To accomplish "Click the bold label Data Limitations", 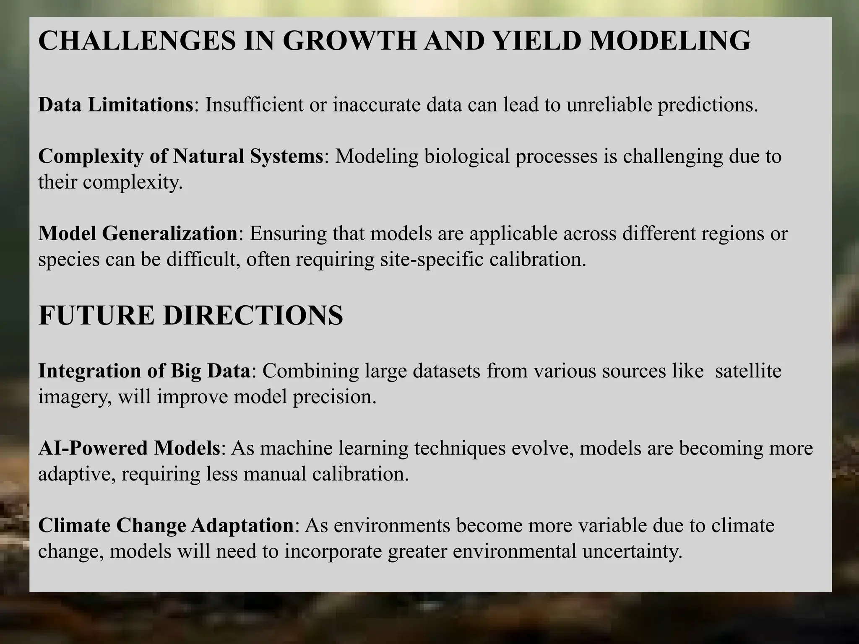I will tap(115, 104).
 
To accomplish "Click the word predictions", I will tap(708, 105).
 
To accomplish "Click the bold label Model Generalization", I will tap(138, 233).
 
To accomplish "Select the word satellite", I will tap(748, 371).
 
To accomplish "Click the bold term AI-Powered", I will tap(93, 448).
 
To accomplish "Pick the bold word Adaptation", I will tap(242, 526).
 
